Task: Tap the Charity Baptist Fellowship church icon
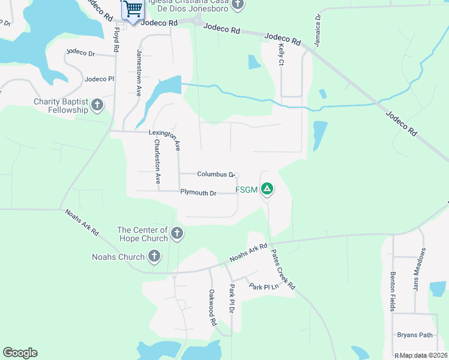(97, 106)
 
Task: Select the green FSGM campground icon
(267, 190)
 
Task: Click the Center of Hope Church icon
(176, 233)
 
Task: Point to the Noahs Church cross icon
(154, 257)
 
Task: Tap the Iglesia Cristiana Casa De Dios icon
(238, 5)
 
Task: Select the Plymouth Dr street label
(197, 193)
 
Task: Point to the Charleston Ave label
(157, 161)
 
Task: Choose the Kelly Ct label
(281, 54)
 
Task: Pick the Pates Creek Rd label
(282, 269)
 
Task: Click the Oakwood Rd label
(212, 307)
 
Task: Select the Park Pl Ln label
(264, 286)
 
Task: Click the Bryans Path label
(415, 335)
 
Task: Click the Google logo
(20, 353)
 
